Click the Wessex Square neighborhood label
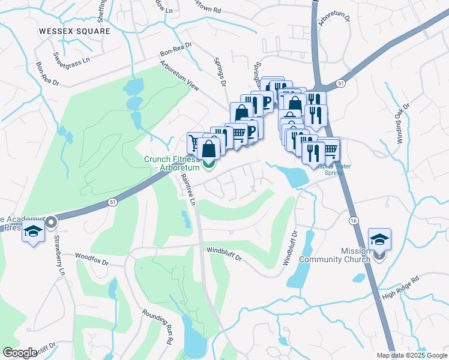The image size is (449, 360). [74, 31]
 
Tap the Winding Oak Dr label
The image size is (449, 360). [402, 123]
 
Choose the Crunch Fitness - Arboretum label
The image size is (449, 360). [171, 163]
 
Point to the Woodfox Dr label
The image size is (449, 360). [92, 259]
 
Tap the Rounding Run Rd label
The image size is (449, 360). [158, 326]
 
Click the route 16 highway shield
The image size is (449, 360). [352, 221]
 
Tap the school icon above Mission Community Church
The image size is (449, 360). [379, 239]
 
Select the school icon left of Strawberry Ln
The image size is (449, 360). [34, 231]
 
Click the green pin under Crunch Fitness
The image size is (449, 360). [209, 164]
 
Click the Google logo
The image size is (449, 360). [20, 353]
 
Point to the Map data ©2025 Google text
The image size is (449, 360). [412, 355]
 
